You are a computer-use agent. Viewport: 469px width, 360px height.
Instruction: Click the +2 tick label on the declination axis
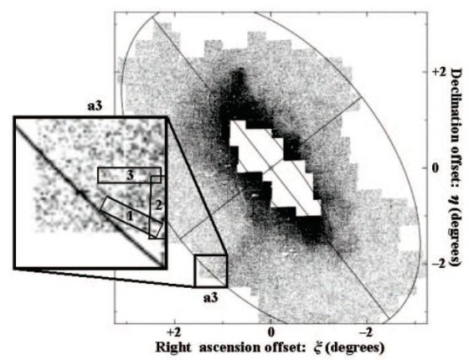click(438, 72)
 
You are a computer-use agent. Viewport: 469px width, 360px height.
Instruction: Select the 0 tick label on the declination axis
click(435, 168)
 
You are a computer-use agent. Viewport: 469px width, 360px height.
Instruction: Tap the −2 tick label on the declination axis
click(438, 264)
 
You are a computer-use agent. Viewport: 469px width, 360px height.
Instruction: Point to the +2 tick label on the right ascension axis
click(174, 332)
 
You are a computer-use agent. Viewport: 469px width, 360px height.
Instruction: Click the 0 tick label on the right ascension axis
click(271, 332)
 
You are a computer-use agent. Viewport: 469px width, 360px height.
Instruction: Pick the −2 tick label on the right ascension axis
click(367, 332)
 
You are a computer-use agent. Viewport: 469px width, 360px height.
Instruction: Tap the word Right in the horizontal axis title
click(173, 348)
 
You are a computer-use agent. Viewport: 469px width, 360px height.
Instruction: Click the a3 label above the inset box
click(95, 106)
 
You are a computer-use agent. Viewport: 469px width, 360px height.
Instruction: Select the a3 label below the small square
click(211, 298)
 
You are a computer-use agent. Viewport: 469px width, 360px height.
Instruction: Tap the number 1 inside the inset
click(129, 216)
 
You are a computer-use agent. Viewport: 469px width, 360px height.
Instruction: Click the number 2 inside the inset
click(159, 205)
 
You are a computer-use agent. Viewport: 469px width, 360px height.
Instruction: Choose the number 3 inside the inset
click(130, 176)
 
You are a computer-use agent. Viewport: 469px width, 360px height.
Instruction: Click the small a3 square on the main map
click(211, 271)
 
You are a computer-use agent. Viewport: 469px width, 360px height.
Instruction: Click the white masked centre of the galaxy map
click(276, 168)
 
